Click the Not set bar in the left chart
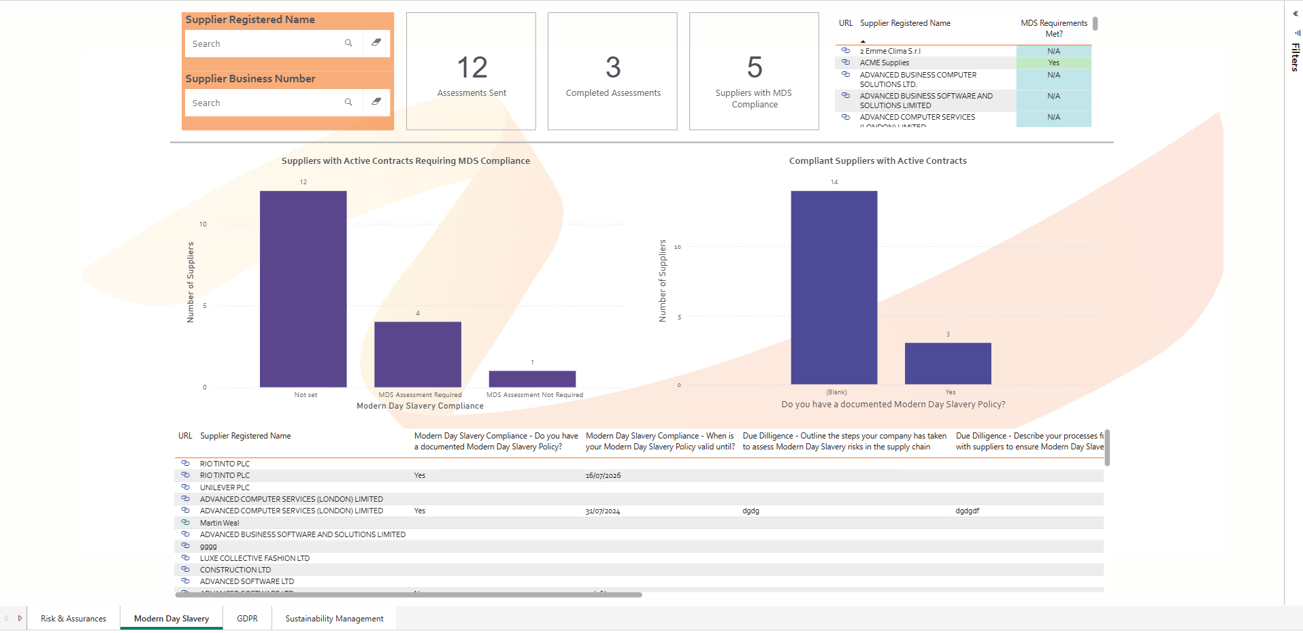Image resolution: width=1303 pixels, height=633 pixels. pos(303,289)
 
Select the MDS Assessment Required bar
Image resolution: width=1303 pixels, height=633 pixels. pos(417,354)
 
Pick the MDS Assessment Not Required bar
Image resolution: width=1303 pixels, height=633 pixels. pos(532,379)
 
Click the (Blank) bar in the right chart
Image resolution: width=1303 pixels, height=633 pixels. pos(834,288)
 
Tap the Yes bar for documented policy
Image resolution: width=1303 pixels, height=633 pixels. pos(948,364)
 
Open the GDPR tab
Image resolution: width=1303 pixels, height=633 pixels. pos(247,619)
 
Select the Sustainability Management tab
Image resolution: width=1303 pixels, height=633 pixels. pos(334,619)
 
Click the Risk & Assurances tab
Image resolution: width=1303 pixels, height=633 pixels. pos(73,619)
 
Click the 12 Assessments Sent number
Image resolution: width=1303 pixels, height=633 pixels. pos(472,68)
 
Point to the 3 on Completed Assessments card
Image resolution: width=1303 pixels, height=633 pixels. pos(613,68)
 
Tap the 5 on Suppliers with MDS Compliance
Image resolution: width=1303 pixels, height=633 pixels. pos(755,68)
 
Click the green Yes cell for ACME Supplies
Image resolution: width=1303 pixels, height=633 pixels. pos(1053,63)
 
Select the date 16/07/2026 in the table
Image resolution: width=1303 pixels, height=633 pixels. pos(603,476)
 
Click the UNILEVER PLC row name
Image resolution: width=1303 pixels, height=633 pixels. pos(225,487)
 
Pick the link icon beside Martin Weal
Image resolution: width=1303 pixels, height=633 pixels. pos(185,523)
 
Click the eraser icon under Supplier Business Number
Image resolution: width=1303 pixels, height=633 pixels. pos(376,102)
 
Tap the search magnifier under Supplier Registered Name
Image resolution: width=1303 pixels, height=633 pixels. pos(348,44)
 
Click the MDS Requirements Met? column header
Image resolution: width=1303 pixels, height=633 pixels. pos(1053,28)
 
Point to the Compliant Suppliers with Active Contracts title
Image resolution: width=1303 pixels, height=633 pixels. pos(878,161)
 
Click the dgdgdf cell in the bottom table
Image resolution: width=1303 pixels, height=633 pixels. pos(967,511)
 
